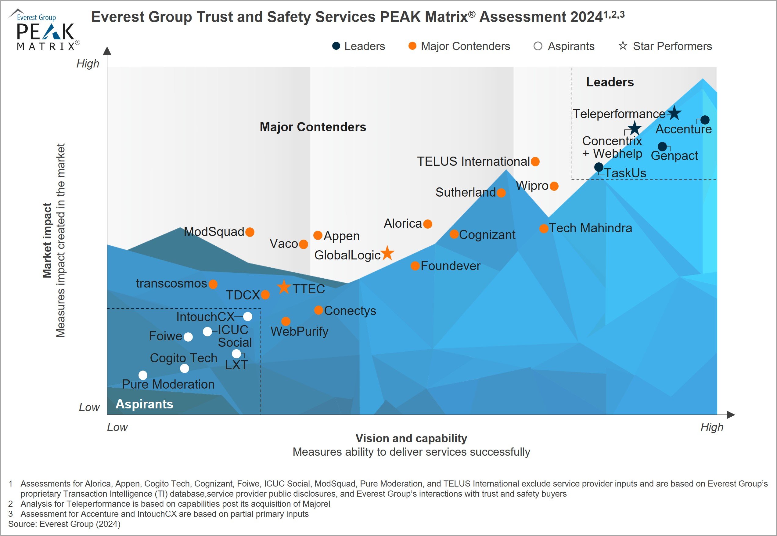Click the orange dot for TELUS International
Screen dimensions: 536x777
tap(535, 161)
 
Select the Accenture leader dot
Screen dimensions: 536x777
tap(705, 120)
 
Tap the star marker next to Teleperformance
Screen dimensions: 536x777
tap(674, 114)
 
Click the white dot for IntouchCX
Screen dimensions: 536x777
tap(247, 316)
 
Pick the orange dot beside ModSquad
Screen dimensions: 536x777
tap(250, 232)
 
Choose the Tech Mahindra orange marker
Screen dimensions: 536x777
tap(544, 229)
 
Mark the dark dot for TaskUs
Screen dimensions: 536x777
tap(599, 167)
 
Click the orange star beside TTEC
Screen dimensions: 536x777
tap(284, 287)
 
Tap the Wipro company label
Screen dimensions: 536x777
tap(532, 186)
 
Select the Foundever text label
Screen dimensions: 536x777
tap(450, 266)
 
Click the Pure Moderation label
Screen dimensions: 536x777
tap(168, 384)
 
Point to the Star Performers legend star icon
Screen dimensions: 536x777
tap(623, 46)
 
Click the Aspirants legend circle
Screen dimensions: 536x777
tap(538, 46)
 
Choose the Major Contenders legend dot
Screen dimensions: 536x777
tap(412, 46)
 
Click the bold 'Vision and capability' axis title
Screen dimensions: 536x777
tap(411, 438)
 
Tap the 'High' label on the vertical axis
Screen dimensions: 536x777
tap(88, 63)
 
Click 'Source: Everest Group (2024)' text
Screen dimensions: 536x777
tap(64, 524)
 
